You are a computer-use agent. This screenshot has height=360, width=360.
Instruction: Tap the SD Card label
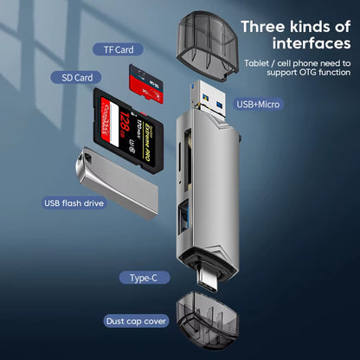77,77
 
